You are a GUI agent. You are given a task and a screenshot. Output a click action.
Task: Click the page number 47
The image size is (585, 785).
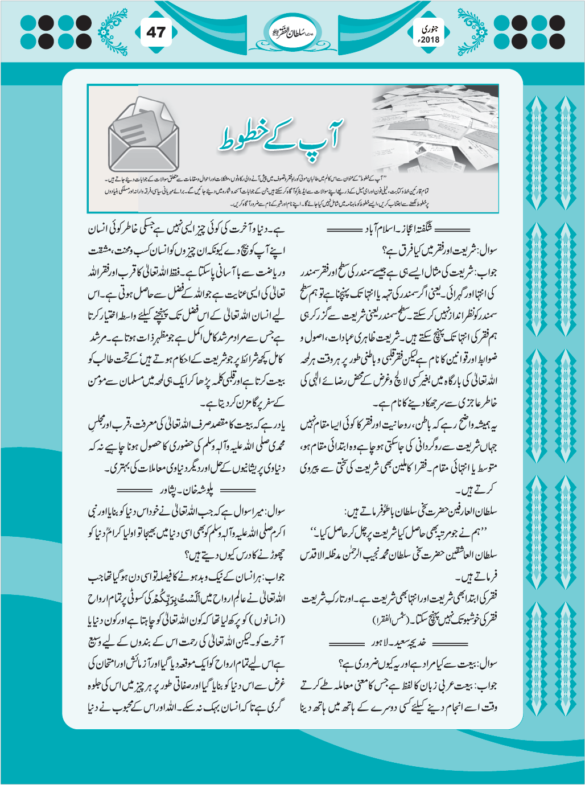tap(155, 32)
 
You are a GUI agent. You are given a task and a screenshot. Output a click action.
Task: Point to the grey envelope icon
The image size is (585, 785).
tap(145, 137)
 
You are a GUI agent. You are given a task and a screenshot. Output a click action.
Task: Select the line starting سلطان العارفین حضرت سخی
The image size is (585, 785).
tap(421, 511)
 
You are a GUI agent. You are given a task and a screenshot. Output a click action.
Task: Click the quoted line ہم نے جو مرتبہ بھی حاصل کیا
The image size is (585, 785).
tap(400, 533)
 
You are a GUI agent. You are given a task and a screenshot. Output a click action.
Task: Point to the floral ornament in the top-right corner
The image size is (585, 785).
tap(473, 31)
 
